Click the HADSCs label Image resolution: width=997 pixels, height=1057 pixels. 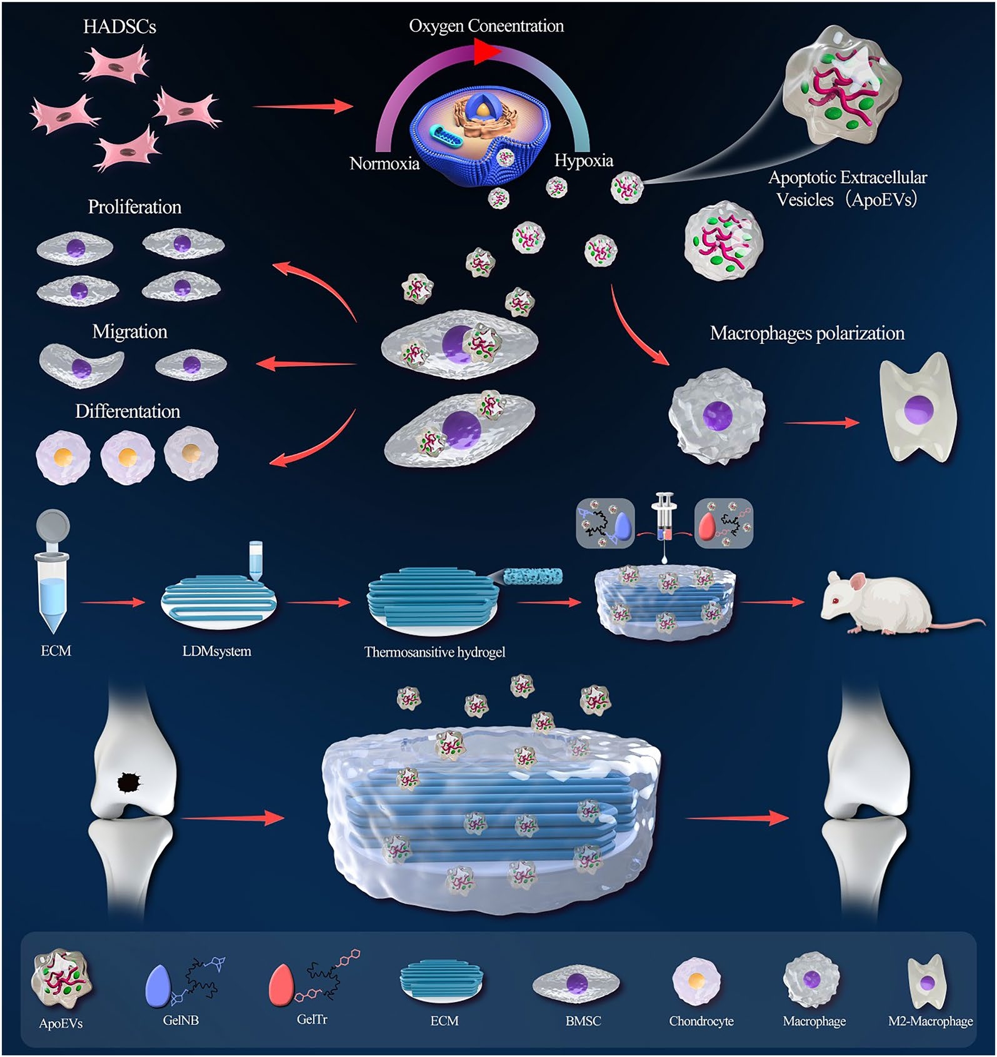tap(119, 27)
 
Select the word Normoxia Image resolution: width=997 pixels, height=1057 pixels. tap(384, 164)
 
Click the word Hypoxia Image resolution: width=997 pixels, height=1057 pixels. tap(583, 161)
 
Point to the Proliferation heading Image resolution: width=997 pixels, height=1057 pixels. tap(134, 207)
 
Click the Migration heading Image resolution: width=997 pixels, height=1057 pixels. tap(129, 331)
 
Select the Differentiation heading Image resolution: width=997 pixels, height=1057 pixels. tap(128, 412)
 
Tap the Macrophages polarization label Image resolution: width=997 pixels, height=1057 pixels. tap(807, 333)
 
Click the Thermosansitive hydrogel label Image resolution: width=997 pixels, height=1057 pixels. tap(434, 652)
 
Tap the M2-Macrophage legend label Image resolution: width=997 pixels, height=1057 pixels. tap(930, 1021)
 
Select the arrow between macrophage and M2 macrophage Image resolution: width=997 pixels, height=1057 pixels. tap(821, 423)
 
